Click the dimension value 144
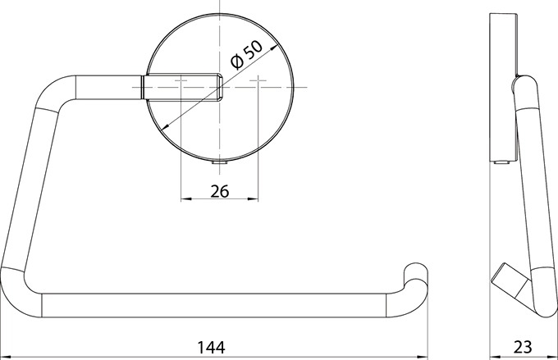pyautogui.click(x=211, y=347)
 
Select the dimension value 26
pyautogui.click(x=220, y=191)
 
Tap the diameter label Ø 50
pyautogui.click(x=247, y=54)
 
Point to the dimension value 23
pyautogui.click(x=523, y=347)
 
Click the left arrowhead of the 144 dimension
pyautogui.click(x=7, y=357)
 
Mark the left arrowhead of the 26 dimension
pyautogui.click(x=186, y=199)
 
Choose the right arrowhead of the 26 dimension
pyautogui.click(x=252, y=199)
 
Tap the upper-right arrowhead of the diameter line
pyautogui.click(x=274, y=48)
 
